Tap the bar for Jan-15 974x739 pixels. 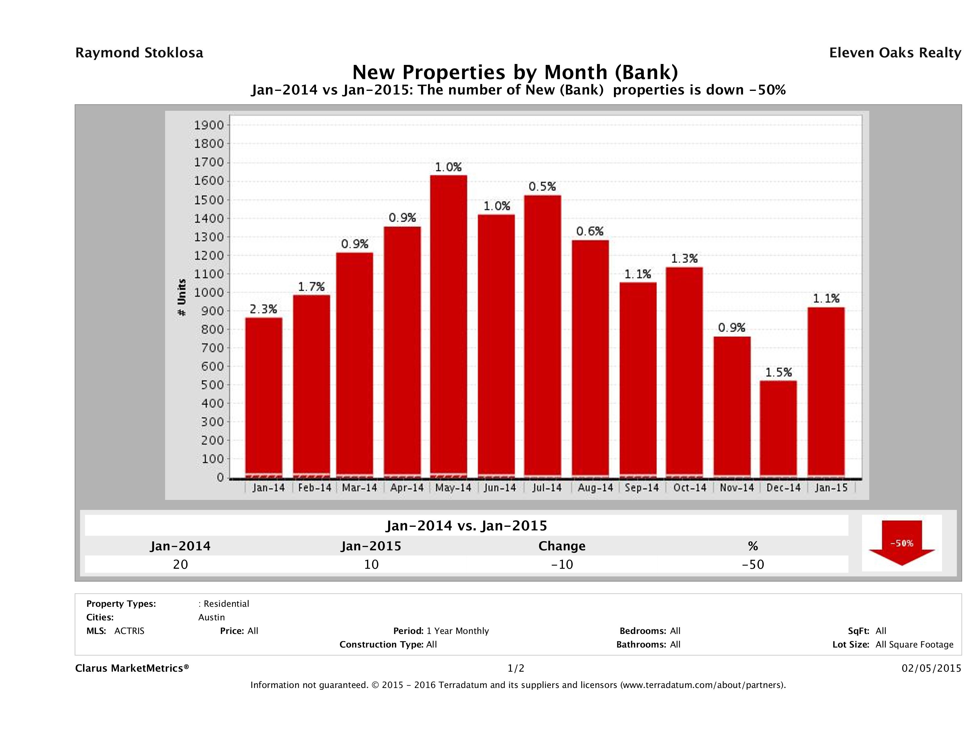[x=826, y=392]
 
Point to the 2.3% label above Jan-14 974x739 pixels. [x=263, y=309]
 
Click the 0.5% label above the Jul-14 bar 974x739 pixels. [x=542, y=187]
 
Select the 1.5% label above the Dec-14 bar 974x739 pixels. [x=778, y=373]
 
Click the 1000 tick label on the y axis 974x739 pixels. [x=209, y=293]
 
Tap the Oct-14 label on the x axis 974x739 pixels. [x=690, y=488]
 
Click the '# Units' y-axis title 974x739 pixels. [x=181, y=298]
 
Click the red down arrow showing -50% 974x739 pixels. [x=901, y=542]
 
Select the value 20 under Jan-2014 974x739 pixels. [x=180, y=564]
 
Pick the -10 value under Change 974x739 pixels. [x=562, y=564]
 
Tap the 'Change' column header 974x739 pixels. [x=562, y=546]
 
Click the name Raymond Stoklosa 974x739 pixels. [x=139, y=53]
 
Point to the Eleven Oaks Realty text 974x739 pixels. [x=895, y=53]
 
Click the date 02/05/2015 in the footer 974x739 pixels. [x=931, y=668]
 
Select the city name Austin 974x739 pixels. [x=211, y=617]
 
